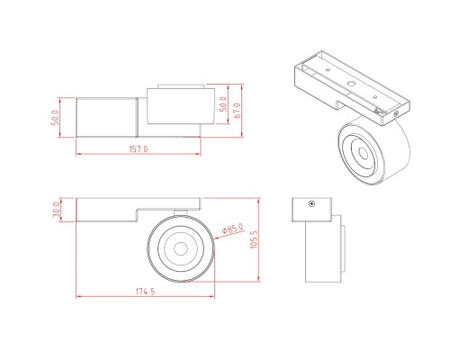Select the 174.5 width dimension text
point(146,292)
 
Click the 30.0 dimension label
point(57,209)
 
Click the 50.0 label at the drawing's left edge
point(55,117)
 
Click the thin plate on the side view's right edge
point(339,247)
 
